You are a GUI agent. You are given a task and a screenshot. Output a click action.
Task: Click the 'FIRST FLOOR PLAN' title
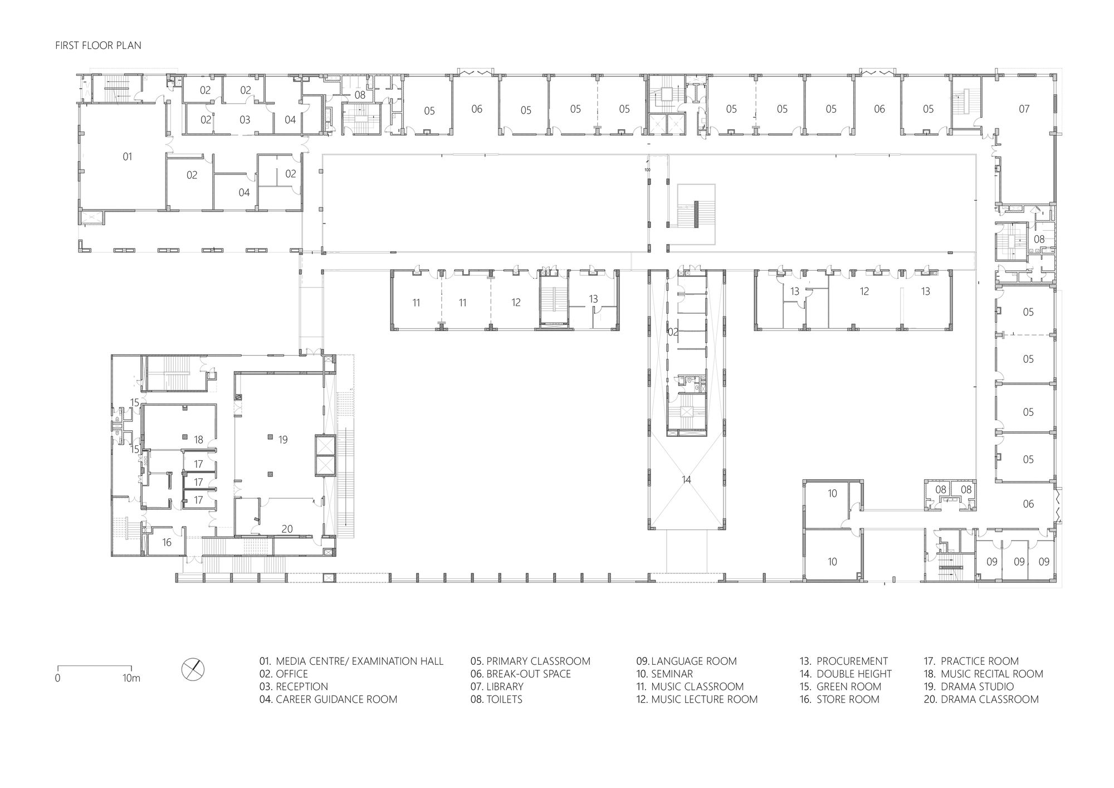(x=98, y=45)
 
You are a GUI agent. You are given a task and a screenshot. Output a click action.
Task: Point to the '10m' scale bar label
(x=131, y=678)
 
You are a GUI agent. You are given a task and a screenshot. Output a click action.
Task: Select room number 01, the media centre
(x=128, y=157)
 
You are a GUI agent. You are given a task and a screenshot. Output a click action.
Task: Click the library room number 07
(x=1024, y=109)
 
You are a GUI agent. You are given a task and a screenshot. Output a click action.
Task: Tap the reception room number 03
(x=245, y=119)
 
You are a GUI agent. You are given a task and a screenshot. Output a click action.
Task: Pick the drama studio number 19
(x=283, y=440)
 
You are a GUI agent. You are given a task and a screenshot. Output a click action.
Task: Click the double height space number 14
(x=686, y=479)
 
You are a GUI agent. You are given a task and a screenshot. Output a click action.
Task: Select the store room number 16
(x=167, y=542)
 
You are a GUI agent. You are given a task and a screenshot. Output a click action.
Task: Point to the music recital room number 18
(x=198, y=440)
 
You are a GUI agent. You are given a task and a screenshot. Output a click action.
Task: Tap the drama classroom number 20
(x=287, y=529)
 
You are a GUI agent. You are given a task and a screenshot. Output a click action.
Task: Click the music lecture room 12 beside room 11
(x=516, y=303)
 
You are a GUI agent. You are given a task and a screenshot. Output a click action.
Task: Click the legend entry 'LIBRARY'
(x=505, y=687)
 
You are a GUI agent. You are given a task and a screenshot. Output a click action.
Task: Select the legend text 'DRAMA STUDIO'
(x=978, y=687)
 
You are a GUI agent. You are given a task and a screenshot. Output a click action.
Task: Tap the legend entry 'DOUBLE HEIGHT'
(x=854, y=674)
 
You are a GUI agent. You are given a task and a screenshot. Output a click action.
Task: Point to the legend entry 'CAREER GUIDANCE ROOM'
(x=336, y=699)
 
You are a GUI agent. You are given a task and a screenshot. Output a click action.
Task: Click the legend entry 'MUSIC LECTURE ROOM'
(x=705, y=699)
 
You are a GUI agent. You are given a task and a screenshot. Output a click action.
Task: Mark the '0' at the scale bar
(x=57, y=678)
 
